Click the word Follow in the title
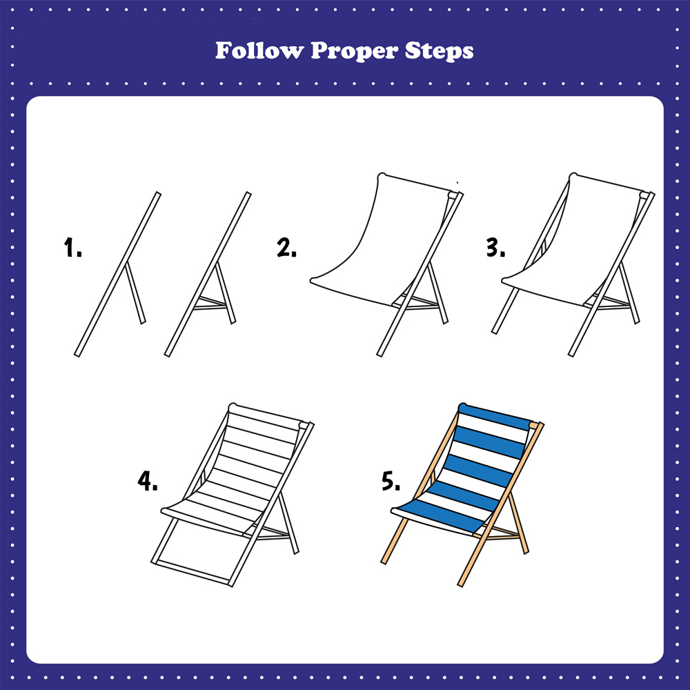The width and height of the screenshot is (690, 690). (x=259, y=50)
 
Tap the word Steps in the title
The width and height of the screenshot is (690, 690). (x=439, y=51)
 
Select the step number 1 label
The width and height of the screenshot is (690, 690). (x=72, y=247)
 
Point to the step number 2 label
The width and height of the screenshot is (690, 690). (x=286, y=247)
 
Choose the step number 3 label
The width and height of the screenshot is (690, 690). (x=495, y=247)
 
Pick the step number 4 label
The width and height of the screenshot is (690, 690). (x=148, y=480)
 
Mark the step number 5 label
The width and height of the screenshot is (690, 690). (x=391, y=480)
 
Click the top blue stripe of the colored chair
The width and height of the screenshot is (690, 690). (x=495, y=416)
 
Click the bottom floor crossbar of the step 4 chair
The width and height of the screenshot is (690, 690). (x=192, y=573)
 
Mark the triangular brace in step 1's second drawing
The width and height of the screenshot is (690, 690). (x=212, y=303)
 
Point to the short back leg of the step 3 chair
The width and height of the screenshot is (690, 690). (x=629, y=293)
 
